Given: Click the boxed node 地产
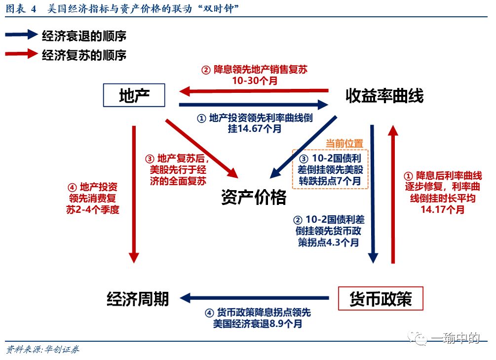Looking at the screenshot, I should coord(134,95).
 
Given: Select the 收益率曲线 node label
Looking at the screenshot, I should coord(384,95).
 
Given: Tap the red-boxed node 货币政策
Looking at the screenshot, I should coord(380,298).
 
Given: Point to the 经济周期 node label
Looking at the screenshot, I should coord(138,298).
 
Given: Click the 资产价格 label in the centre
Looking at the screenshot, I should coord(253,197).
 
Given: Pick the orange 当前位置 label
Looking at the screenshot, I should coord(344,143).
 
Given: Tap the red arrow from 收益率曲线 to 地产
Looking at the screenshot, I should coord(254,91).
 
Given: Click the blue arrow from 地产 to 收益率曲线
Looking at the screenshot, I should coord(254,104).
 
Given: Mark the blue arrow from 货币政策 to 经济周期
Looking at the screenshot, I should coord(255,298).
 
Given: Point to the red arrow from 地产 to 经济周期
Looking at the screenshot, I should coord(134,193).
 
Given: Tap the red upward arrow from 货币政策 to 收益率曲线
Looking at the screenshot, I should coord(393,193).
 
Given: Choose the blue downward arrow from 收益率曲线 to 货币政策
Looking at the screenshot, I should coord(373,193).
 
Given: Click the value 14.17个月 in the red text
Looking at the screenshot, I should coord(443,209).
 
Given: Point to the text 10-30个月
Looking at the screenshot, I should coord(254,80).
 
